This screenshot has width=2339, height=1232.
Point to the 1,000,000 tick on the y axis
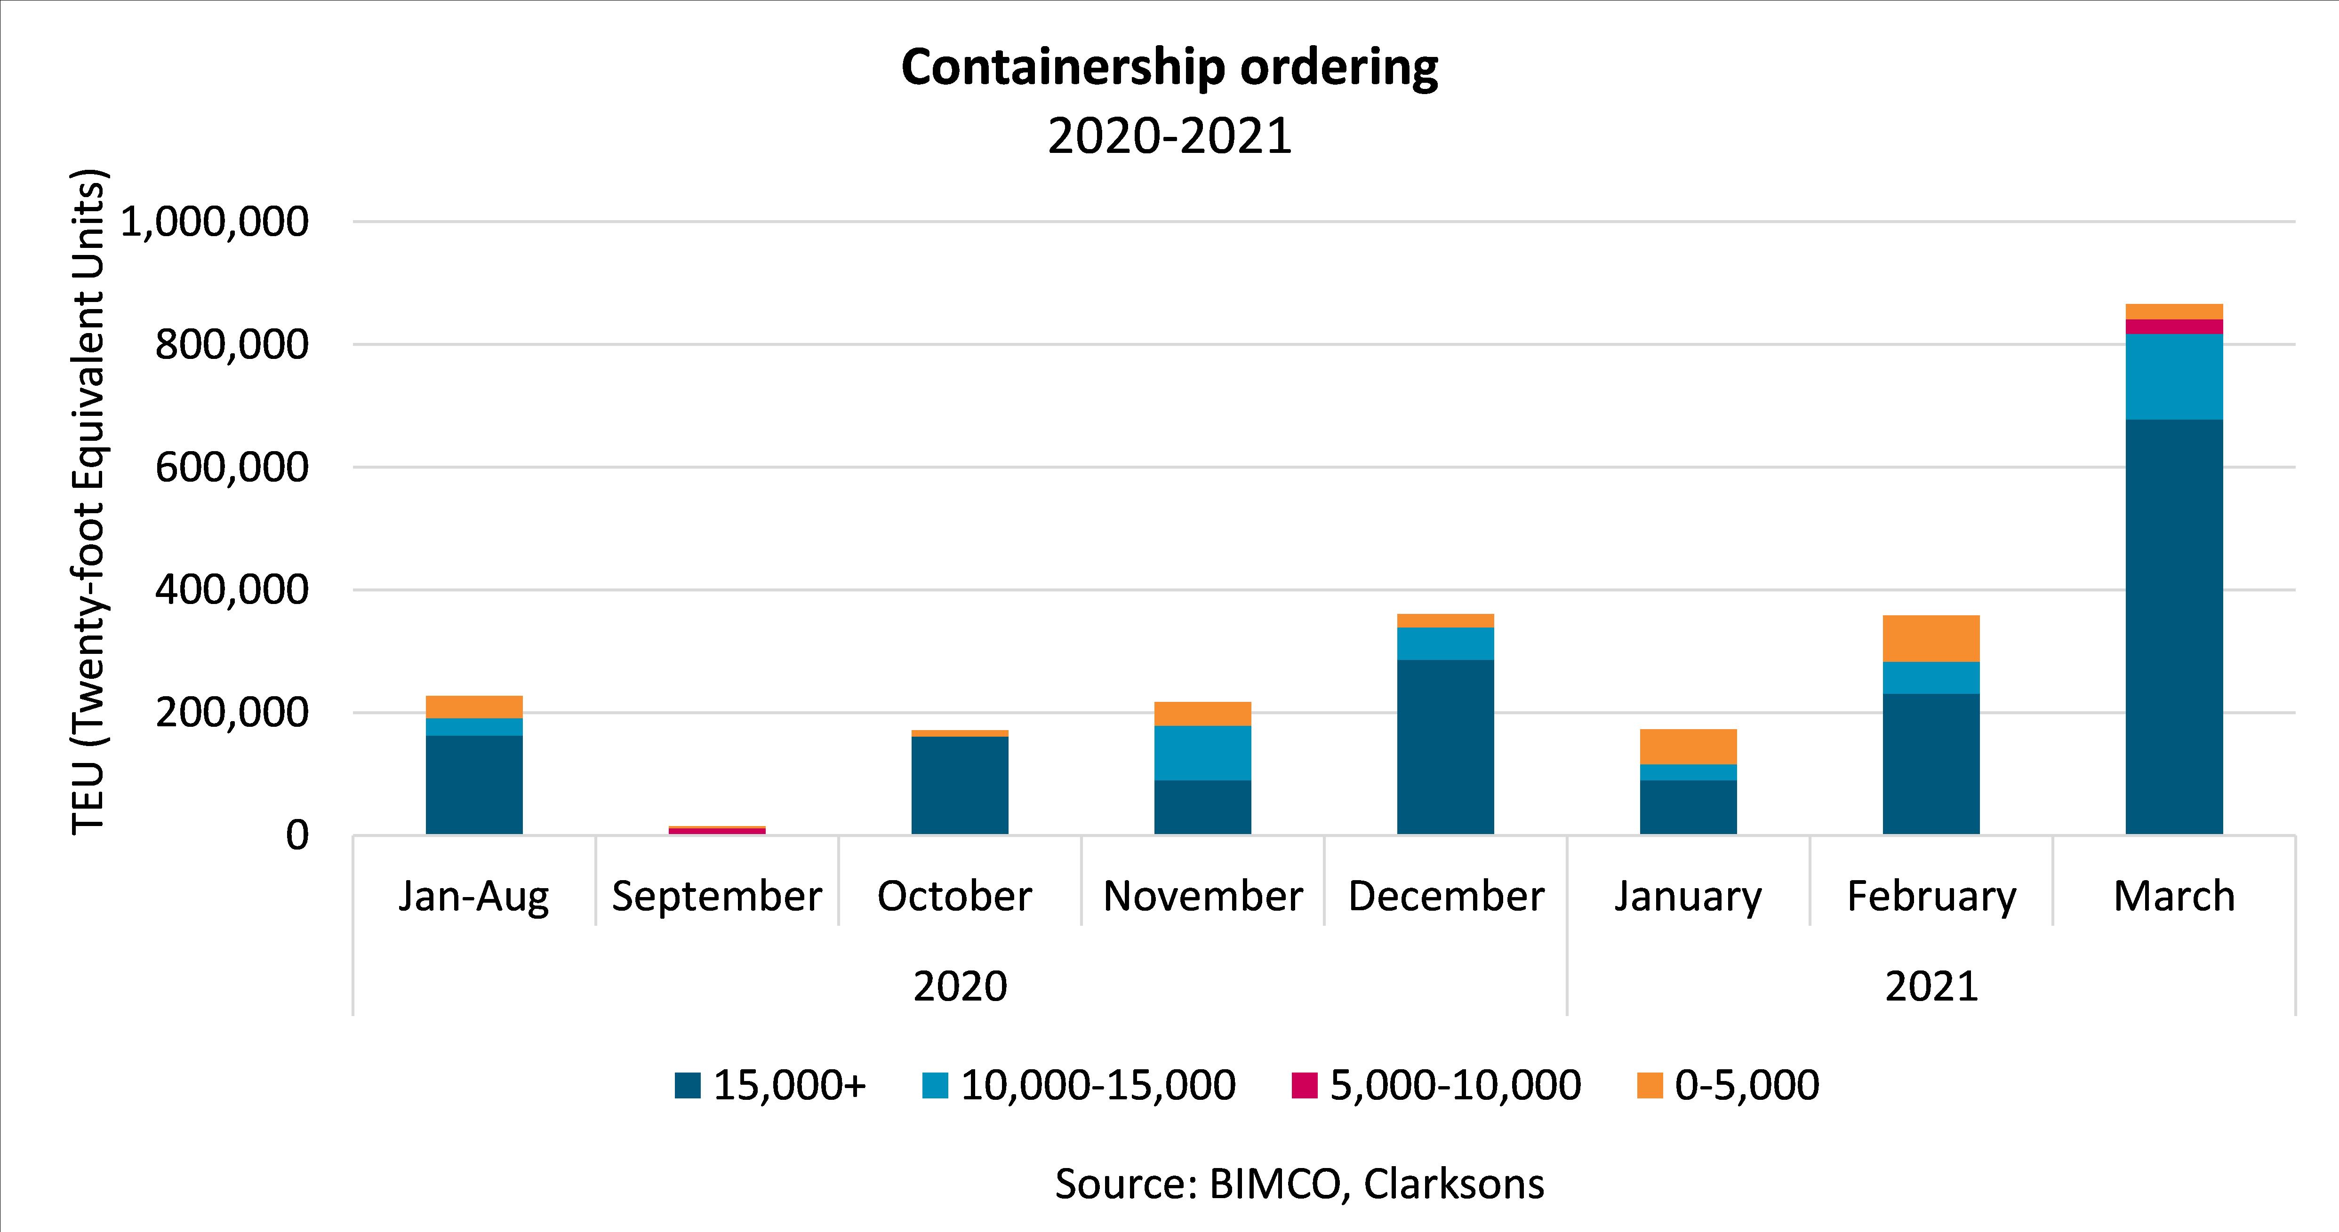(x=214, y=222)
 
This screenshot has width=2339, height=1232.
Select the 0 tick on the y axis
(x=297, y=835)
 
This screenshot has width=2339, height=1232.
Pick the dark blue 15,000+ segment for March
(x=2174, y=627)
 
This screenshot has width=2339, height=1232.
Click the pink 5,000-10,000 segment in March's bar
(x=2174, y=327)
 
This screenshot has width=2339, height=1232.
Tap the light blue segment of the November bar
(x=1202, y=753)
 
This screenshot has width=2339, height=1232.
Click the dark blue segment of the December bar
(x=1445, y=746)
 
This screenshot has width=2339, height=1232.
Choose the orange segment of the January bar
(x=1688, y=746)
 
